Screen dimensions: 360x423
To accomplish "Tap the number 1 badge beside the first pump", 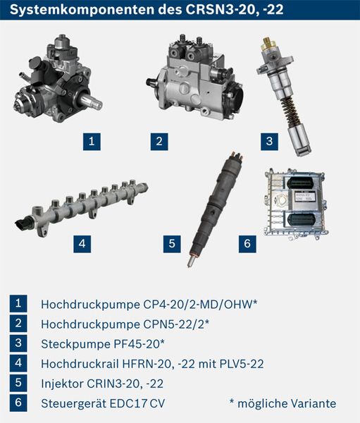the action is click(x=92, y=142).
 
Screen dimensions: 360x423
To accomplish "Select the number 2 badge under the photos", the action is click(x=159, y=142).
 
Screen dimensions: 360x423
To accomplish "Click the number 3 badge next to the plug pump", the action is click(x=269, y=142).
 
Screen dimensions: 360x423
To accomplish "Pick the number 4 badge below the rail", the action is click(x=82, y=244).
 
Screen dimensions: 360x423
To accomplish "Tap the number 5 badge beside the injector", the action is click(x=172, y=244).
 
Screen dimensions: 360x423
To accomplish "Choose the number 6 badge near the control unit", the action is click(x=247, y=244).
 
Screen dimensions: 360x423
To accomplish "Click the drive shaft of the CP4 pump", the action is click(x=91, y=102).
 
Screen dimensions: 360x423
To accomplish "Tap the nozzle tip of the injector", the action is click(x=191, y=262).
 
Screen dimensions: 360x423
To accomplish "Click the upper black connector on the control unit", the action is click(x=299, y=183).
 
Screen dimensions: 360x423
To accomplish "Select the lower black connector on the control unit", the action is click(x=300, y=219).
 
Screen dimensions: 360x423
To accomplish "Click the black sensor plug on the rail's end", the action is click(x=24, y=224).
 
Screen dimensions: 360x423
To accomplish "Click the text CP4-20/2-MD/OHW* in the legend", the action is click(x=200, y=305).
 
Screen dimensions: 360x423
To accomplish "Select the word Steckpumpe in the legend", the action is click(x=75, y=344).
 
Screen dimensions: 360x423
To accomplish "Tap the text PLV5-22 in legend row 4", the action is click(x=242, y=364).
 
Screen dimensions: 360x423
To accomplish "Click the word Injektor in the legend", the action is click(x=62, y=384).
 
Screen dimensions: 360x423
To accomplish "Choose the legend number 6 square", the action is click(x=18, y=403).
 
